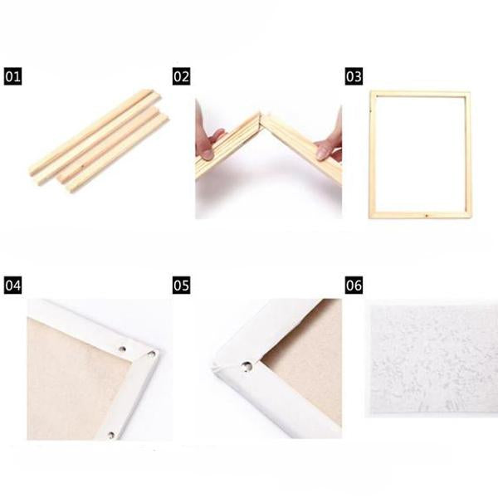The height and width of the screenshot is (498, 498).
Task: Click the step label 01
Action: pos(12,76)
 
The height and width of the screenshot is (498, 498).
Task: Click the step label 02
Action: pos(181,76)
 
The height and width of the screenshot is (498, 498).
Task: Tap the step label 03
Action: pos(354,76)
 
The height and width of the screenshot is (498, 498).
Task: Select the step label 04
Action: pos(12,285)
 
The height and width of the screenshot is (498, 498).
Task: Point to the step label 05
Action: pos(181,285)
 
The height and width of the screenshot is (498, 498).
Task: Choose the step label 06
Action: pos(354,285)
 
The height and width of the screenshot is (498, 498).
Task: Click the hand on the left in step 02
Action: pos(208,139)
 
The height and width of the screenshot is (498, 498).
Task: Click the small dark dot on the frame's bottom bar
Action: pos(427,216)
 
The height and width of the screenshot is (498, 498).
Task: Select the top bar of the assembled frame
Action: pos(420,94)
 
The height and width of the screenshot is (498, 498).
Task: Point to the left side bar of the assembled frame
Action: pos(373,154)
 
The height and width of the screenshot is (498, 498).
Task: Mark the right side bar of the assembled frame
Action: pos(468,154)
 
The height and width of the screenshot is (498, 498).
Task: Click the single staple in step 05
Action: pos(247,367)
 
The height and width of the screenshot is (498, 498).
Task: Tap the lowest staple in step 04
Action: pos(111,435)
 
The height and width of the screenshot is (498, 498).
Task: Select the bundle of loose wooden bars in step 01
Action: pos(99,141)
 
